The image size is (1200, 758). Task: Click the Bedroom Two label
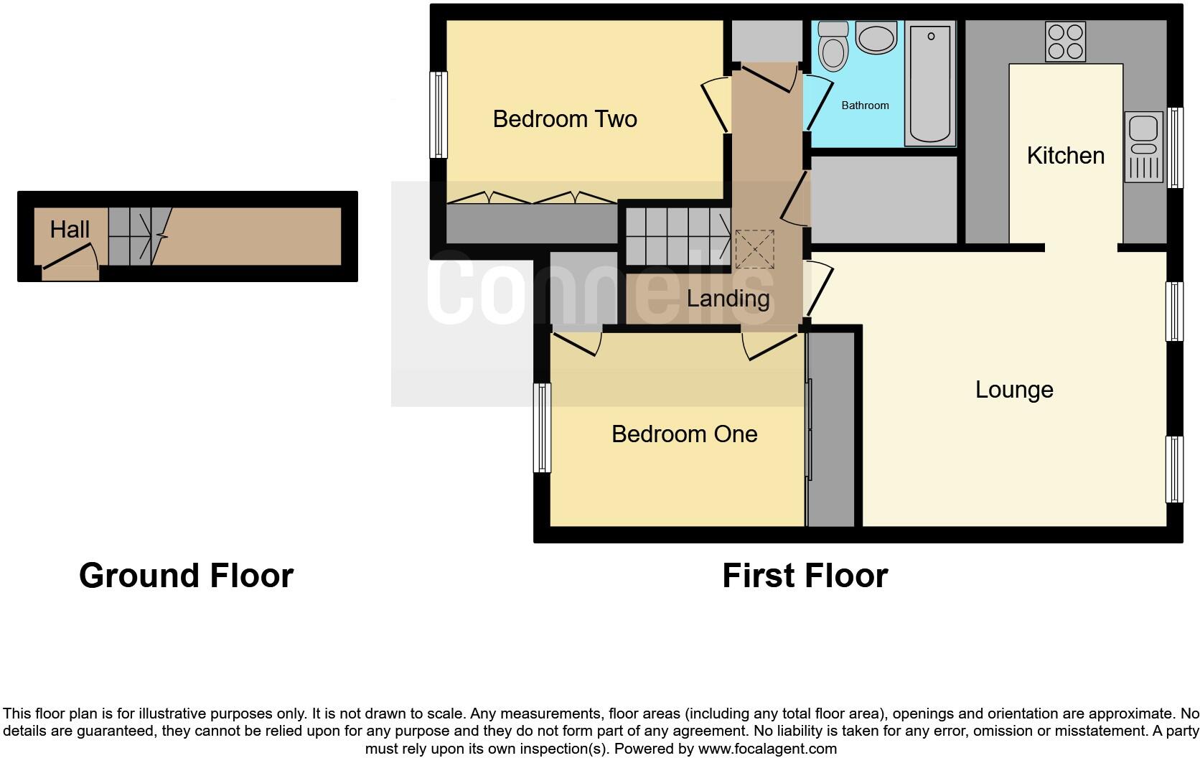point(565,119)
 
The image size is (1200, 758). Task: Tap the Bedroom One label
point(684,434)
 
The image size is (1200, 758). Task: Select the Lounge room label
point(1013,390)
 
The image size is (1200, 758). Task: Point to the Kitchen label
point(1065,156)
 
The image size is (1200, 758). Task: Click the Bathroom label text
point(865,106)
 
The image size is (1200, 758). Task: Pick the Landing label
point(728,298)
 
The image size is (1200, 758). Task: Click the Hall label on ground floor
point(70,230)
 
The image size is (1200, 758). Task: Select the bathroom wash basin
point(876,37)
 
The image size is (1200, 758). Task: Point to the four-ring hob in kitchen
point(1065,42)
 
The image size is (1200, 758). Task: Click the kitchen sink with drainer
point(1143,147)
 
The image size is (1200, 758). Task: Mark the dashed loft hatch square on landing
point(754,249)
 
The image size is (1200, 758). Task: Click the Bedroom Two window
point(439,115)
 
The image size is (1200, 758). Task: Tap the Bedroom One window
point(543,428)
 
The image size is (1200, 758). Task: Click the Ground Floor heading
point(186,576)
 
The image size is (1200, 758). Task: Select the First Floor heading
point(805,576)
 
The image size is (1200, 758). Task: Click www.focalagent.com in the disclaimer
point(767,749)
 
